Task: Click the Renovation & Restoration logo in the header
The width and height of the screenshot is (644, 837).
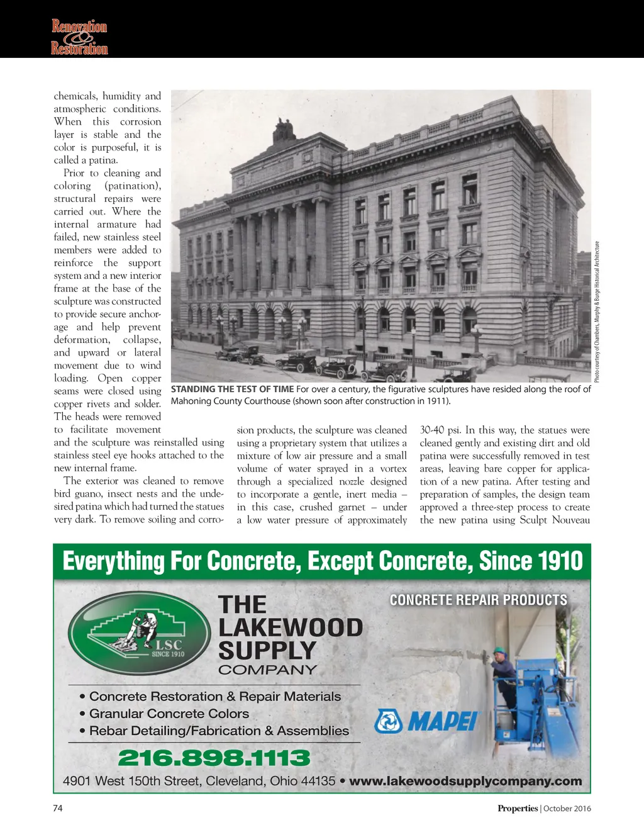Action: [x=79, y=37]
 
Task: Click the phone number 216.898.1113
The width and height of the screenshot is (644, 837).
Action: [x=214, y=758]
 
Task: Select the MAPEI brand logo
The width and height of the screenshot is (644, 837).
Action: [x=427, y=721]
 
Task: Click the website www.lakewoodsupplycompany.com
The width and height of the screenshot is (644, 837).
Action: [x=465, y=781]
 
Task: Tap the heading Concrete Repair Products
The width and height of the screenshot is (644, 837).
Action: [x=479, y=600]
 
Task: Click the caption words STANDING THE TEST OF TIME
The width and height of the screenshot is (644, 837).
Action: [x=233, y=389]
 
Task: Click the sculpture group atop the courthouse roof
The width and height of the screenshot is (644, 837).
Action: [x=284, y=130]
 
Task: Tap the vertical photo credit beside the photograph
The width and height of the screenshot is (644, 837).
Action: [x=597, y=312]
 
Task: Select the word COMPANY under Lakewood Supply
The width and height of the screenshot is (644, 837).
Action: [x=267, y=670]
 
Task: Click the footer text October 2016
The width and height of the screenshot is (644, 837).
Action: [x=567, y=809]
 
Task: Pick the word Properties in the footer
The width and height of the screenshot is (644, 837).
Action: [x=518, y=809]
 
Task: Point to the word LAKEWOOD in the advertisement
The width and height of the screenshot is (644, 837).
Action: [x=291, y=627]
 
